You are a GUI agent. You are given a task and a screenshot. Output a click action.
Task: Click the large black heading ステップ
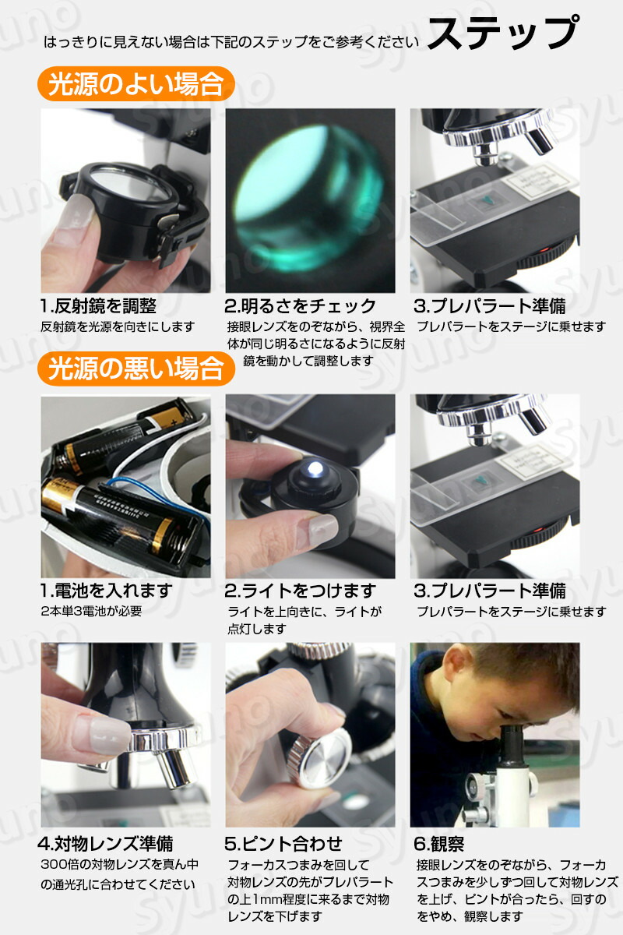[504, 33]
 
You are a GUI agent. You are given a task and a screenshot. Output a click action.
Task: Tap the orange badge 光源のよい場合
[136, 83]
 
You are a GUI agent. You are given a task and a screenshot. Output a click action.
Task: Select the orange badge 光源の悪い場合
[136, 369]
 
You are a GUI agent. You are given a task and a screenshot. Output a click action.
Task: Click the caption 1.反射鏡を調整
[98, 306]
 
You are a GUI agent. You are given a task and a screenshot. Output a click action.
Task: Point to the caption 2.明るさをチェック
[300, 306]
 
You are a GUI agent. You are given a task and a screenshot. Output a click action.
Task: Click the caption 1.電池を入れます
[107, 591]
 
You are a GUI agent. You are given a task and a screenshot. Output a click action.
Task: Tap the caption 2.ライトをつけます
[300, 591]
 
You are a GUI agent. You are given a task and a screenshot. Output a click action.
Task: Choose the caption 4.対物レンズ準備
[105, 844]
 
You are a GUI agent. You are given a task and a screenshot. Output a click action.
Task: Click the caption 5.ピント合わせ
[283, 844]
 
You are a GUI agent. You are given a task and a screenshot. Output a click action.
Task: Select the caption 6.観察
[438, 844]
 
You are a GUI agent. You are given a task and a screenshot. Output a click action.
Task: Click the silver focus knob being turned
[322, 758]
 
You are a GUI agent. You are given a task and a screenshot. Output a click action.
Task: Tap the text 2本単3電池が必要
[91, 611]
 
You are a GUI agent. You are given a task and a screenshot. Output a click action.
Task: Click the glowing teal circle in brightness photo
[309, 198]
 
